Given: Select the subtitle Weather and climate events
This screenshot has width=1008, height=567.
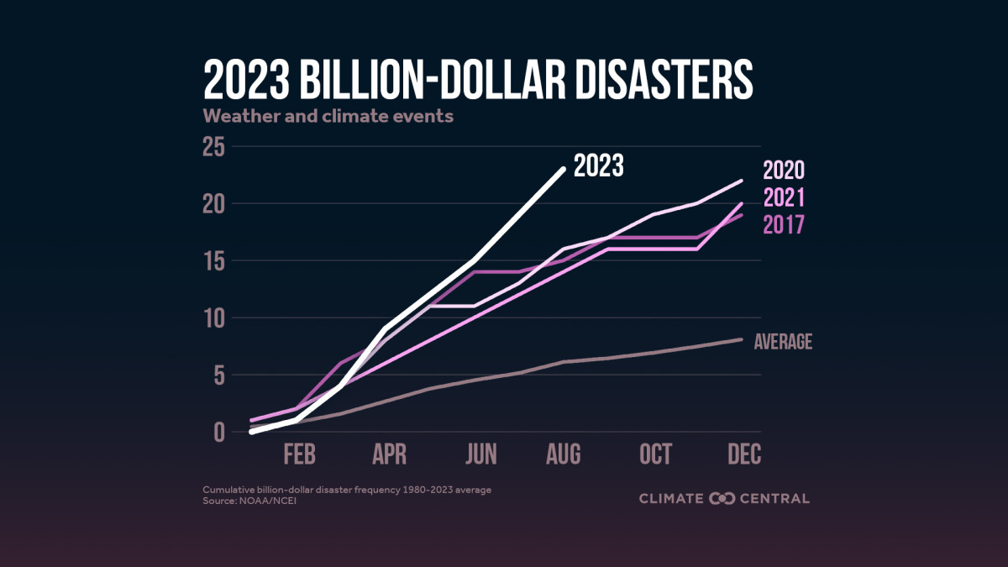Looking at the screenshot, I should click(x=328, y=116).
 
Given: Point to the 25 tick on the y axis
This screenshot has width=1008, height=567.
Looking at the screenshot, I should click(x=214, y=147).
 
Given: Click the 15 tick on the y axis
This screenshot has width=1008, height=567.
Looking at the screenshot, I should click(x=214, y=261).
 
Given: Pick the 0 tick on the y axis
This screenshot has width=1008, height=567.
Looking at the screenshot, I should click(x=219, y=433).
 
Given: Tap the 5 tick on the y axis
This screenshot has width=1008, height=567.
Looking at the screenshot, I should click(x=219, y=375).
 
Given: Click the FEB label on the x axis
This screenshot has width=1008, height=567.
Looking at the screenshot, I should click(x=299, y=454).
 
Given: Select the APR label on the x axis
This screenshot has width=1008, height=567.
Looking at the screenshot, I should click(x=390, y=454).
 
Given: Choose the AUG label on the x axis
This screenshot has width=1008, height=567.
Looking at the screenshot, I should click(x=563, y=454).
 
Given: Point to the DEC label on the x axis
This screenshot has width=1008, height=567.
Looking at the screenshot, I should click(x=744, y=454).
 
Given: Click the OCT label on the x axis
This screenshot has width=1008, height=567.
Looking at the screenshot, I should click(x=655, y=454).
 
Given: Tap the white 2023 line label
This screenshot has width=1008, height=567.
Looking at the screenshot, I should click(x=599, y=166).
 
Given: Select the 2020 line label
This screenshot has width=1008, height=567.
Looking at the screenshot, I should click(x=784, y=171).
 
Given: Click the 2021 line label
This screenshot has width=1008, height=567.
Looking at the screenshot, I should click(x=784, y=198).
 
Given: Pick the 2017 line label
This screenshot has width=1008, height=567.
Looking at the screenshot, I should click(x=784, y=225).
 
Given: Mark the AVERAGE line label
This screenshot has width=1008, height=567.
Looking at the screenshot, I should click(x=784, y=342).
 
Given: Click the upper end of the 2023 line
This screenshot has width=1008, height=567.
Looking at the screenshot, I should click(x=563, y=169).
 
